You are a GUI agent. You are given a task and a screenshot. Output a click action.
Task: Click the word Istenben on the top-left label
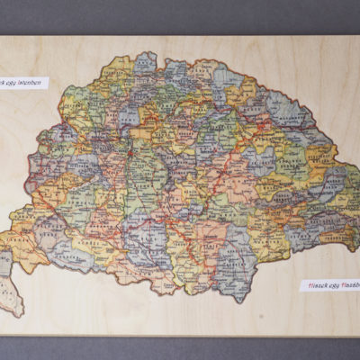[31, 83]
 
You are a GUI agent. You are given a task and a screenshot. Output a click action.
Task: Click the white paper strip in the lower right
[329, 285]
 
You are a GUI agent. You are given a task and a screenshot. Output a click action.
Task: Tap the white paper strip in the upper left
[22, 83]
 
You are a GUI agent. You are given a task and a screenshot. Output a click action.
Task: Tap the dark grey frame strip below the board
[180, 348]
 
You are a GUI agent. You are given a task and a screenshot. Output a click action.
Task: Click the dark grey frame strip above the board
[180, 16]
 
